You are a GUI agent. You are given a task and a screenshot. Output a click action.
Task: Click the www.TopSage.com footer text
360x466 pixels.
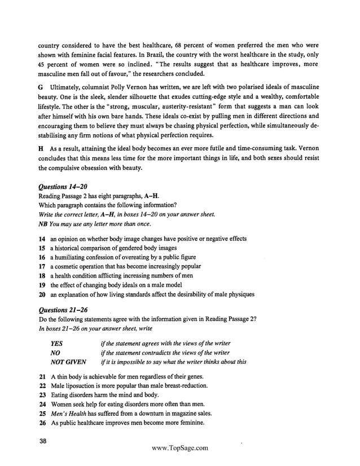(180, 448)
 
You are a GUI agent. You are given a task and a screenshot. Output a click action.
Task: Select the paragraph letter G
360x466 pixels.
(41, 88)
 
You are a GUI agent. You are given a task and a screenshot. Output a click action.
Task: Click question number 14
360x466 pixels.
(42, 239)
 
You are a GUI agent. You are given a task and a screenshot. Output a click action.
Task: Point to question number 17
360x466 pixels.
(42, 266)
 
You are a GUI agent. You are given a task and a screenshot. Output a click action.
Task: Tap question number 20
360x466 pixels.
(42, 294)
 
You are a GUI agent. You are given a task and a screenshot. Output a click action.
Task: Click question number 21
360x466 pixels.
(42, 376)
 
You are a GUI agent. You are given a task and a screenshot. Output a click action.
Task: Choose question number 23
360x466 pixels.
(42, 394)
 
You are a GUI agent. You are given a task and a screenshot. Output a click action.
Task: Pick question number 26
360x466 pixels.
(42, 422)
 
